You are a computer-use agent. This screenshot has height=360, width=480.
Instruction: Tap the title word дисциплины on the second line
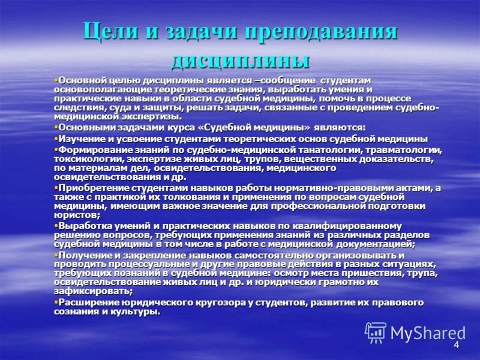pos(240,60)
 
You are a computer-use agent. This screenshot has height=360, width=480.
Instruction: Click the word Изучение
pos(81,139)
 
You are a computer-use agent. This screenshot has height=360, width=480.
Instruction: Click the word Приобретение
pos(92,188)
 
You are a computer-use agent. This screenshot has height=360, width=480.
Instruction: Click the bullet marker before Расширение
pos(56,302)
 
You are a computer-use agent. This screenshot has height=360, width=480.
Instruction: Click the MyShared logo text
pos(428,333)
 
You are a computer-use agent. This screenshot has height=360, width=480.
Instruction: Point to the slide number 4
pos(456,345)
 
